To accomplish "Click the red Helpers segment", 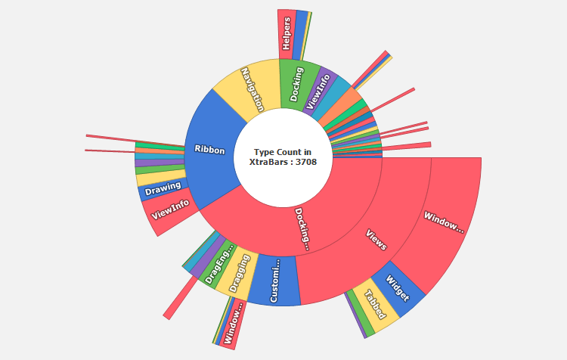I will pyautogui.click(x=287, y=34).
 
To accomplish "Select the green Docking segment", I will pyautogui.click(x=296, y=83).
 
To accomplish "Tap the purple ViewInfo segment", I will pyautogui.click(x=318, y=90).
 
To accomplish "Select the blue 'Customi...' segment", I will pyautogui.click(x=274, y=281).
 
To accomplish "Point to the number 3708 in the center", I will pyautogui.click(x=301, y=162).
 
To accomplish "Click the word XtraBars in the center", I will pyautogui.click(x=268, y=162).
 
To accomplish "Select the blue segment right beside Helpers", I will pyautogui.click(x=301, y=34).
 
